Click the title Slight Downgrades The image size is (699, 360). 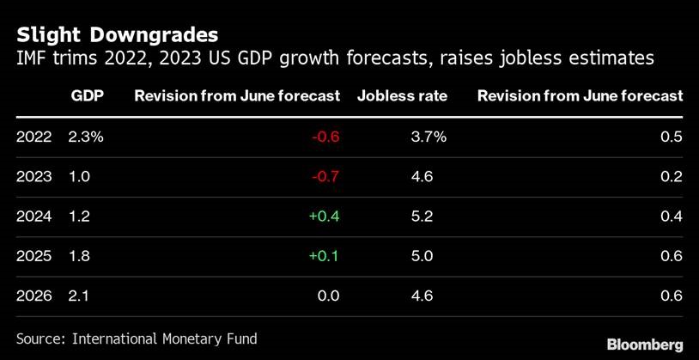coord(117,34)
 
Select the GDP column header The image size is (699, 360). coord(87,96)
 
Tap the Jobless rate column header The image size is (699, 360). coord(402,96)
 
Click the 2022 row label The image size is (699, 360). coord(33,137)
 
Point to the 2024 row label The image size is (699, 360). coord(33,217)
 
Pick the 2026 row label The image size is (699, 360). coord(33,296)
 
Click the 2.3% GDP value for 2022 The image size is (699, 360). coord(86,137)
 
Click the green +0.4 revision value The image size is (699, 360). coord(324,217)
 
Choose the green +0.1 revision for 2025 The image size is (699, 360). coord(324,257)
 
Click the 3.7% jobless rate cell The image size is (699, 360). coord(429,137)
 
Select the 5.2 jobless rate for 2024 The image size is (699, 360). coord(422,217)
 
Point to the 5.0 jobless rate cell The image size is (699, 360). coord(422,257)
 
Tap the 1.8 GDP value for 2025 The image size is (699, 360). coord(79,257)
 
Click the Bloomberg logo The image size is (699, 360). coord(645,345)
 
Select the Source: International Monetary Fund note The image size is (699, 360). coord(137,339)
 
